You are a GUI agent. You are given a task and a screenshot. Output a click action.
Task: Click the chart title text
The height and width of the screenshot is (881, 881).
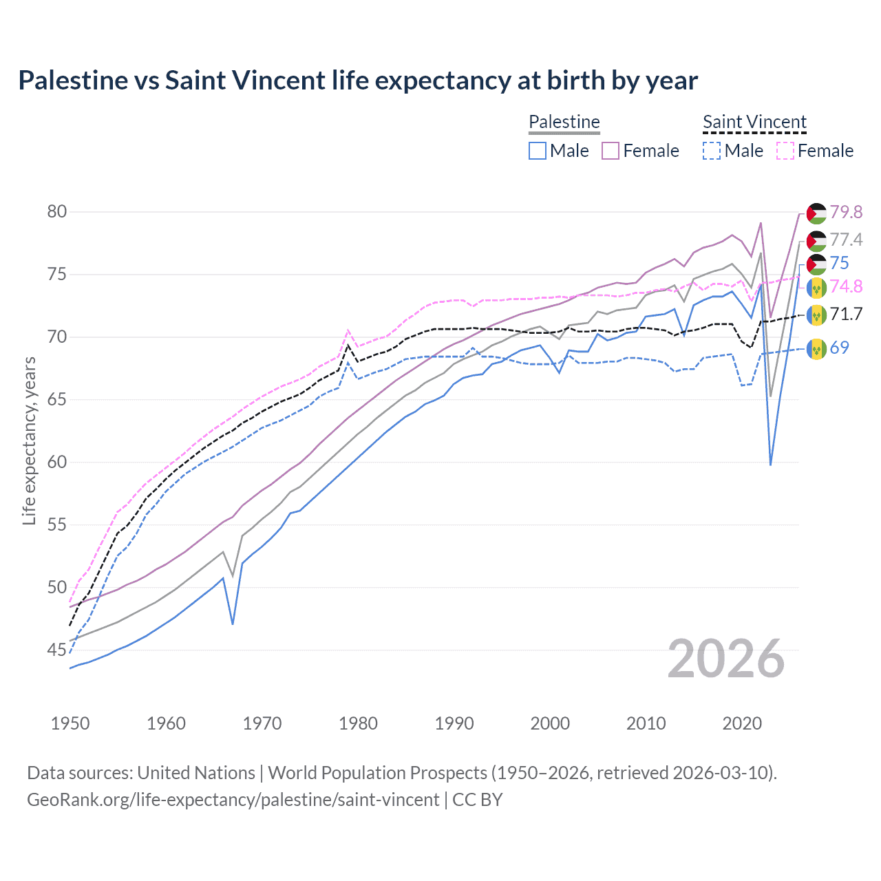click(x=358, y=81)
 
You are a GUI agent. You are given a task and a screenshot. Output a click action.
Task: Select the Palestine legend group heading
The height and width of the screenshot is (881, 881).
click(x=564, y=122)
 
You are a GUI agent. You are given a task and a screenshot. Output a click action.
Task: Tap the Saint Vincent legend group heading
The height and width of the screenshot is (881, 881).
click(x=754, y=122)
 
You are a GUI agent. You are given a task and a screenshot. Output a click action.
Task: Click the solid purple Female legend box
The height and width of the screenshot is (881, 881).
click(x=611, y=151)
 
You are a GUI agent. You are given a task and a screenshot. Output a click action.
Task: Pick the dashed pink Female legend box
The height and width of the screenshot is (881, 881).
click(x=785, y=151)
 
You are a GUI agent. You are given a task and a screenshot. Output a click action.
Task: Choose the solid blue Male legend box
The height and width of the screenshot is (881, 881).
click(x=538, y=151)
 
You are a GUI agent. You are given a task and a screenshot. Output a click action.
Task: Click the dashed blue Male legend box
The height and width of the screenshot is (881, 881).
click(x=712, y=151)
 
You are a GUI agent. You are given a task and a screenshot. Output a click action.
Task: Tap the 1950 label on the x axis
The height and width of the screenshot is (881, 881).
click(x=70, y=723)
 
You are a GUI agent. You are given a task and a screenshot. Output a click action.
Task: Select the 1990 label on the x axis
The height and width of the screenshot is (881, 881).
click(x=454, y=723)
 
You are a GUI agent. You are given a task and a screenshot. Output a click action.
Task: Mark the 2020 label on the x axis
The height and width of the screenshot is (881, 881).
click(x=742, y=723)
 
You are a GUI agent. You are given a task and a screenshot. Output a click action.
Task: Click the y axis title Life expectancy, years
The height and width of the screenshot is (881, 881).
click(x=29, y=440)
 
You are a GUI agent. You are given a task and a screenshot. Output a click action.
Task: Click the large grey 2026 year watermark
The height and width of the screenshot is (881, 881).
click(x=726, y=659)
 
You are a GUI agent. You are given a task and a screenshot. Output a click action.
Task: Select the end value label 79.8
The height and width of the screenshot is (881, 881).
click(x=846, y=212)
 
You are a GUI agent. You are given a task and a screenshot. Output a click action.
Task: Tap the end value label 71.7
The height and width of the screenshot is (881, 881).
click(x=846, y=315)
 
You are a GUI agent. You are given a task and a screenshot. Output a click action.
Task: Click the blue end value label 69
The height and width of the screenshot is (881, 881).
click(x=839, y=348)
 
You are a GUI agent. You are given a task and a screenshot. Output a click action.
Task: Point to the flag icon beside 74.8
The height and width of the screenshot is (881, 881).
click(x=816, y=287)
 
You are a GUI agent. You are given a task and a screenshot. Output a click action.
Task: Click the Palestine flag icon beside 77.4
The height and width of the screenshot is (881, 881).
click(x=816, y=241)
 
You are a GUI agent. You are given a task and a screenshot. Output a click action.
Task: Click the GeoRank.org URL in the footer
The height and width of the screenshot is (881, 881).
click(x=233, y=800)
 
